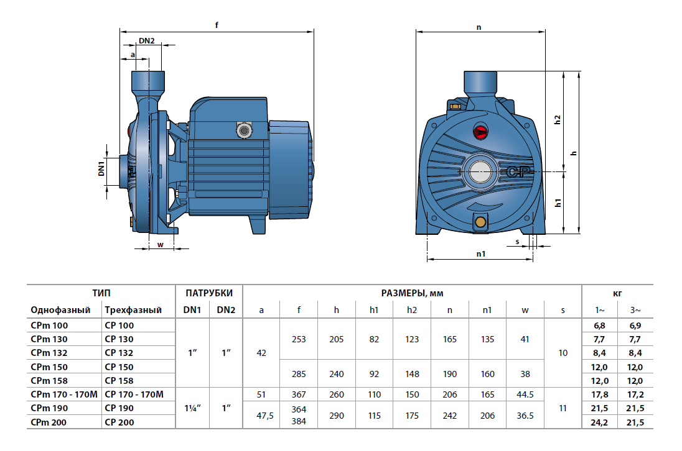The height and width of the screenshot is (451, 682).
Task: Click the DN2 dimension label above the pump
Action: coord(147,41)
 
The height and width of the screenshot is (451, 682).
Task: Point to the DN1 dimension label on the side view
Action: coord(101,169)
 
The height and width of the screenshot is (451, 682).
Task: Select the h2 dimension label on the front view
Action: coord(558,120)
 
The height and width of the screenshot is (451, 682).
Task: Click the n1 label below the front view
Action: coord(480,254)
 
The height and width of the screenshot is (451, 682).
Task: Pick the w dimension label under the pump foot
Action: coord(160,244)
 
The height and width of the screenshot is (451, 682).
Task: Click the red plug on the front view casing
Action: coord(480,132)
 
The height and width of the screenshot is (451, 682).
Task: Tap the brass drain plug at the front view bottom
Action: coord(480,222)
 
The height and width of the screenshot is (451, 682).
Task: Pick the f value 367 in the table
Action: coord(299,394)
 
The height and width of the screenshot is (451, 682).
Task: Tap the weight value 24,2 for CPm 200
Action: coord(599,422)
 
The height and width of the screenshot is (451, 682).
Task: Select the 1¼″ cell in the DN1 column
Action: coord(192,408)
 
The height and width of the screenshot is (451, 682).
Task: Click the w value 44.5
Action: coord(525,394)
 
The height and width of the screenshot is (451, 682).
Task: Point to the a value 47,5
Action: coord(261,415)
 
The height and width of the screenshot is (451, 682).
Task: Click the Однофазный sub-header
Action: coord(60,310)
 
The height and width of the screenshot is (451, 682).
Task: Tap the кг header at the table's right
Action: coord(617,293)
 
